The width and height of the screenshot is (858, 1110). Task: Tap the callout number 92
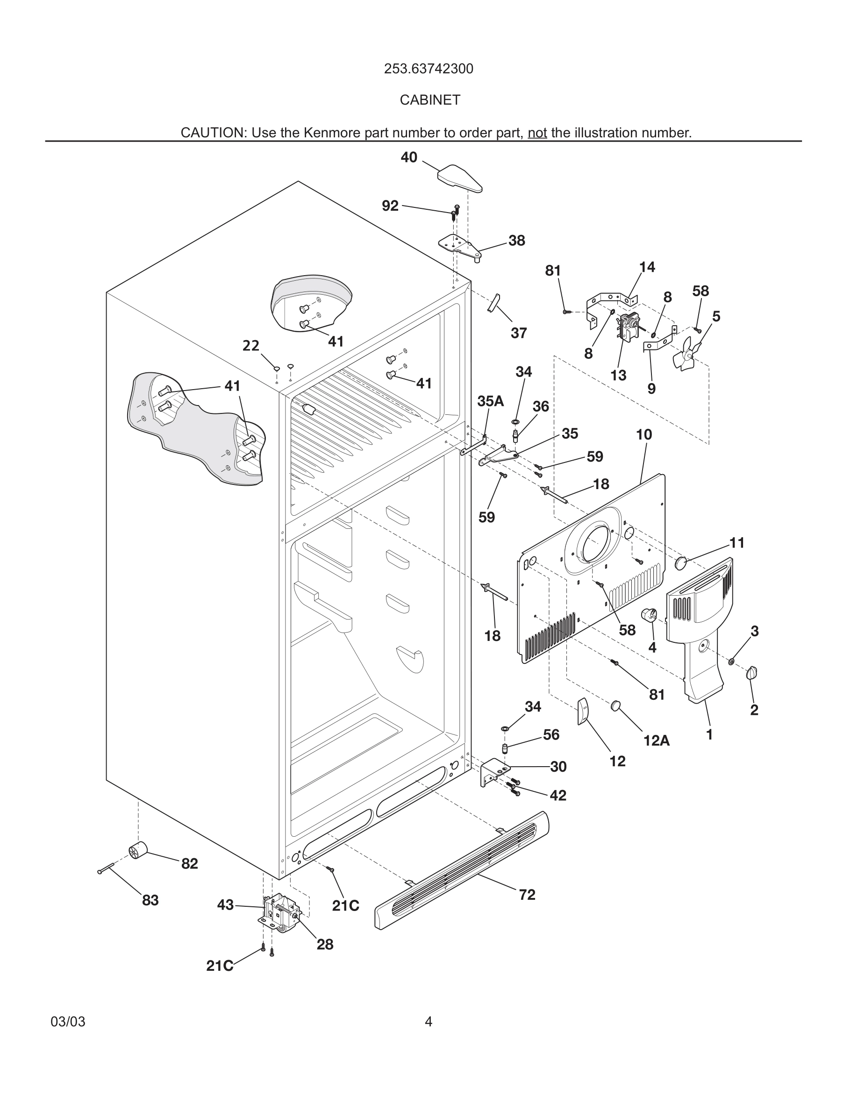click(390, 206)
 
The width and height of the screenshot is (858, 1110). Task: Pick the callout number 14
click(647, 267)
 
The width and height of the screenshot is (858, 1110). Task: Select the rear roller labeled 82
click(137, 850)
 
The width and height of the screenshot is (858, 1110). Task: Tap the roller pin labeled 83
click(108, 868)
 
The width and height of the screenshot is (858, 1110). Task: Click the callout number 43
click(225, 904)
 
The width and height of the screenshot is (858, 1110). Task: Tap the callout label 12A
click(656, 741)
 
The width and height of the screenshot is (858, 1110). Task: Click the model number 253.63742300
click(428, 69)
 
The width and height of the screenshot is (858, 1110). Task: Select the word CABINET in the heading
click(429, 100)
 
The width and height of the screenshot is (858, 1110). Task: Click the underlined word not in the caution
click(537, 133)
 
